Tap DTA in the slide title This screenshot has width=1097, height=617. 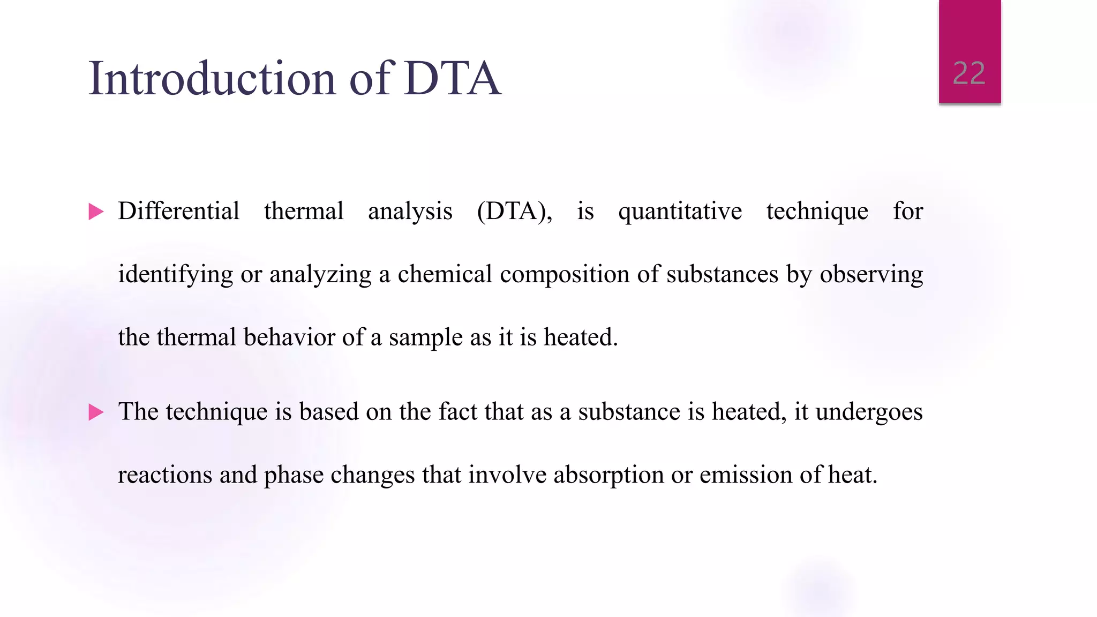453,79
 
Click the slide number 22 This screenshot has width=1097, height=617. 969,73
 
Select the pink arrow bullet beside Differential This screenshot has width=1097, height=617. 96,212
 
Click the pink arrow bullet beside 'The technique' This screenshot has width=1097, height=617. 96,412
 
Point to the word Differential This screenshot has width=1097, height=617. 178,211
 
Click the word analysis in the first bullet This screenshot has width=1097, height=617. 410,211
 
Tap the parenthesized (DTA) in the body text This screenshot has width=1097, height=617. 514,211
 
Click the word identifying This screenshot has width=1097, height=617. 175,275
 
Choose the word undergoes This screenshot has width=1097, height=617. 869,412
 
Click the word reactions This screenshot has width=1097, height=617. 165,475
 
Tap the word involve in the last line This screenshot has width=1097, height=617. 507,475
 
